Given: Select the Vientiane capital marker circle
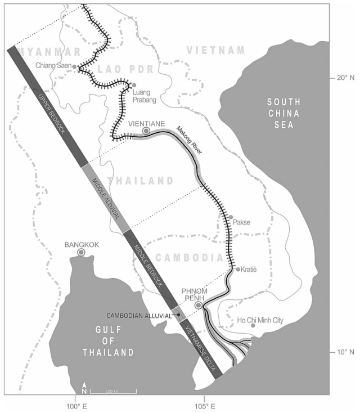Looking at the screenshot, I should coord(146,131).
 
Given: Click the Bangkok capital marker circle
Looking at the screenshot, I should coord(82,253).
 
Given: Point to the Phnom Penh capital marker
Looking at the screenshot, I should coord(198,305).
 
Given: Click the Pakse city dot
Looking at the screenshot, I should coord(231,217).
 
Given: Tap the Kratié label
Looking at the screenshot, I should coord(250,270).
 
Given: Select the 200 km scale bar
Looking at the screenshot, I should coord(113,390).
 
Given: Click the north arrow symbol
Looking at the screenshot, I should coord(84,388).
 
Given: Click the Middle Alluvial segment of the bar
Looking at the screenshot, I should coord(103,197).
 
